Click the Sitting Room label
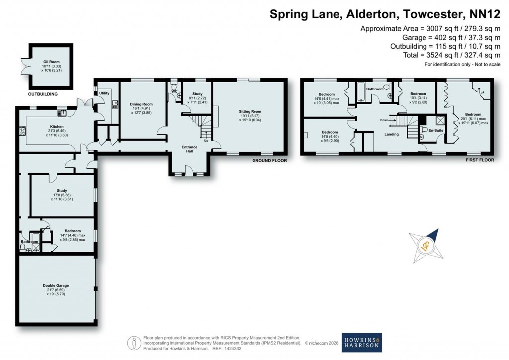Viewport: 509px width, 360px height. [x=250, y=112]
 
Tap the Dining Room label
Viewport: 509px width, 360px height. [x=141, y=104]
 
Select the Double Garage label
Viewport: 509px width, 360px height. [x=55, y=286]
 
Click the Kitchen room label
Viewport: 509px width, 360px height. [x=57, y=127]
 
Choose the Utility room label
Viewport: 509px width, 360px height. [x=104, y=93]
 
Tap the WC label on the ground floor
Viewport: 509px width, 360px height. [x=174, y=91]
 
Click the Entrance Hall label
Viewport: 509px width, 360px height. [x=189, y=149]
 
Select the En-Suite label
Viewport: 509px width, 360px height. [x=435, y=130]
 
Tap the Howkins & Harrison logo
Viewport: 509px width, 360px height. [x=361, y=343]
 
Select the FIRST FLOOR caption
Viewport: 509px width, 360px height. [x=480, y=160]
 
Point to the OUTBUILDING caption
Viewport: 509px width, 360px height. [x=43, y=94]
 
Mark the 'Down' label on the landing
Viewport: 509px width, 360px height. [x=384, y=120]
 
